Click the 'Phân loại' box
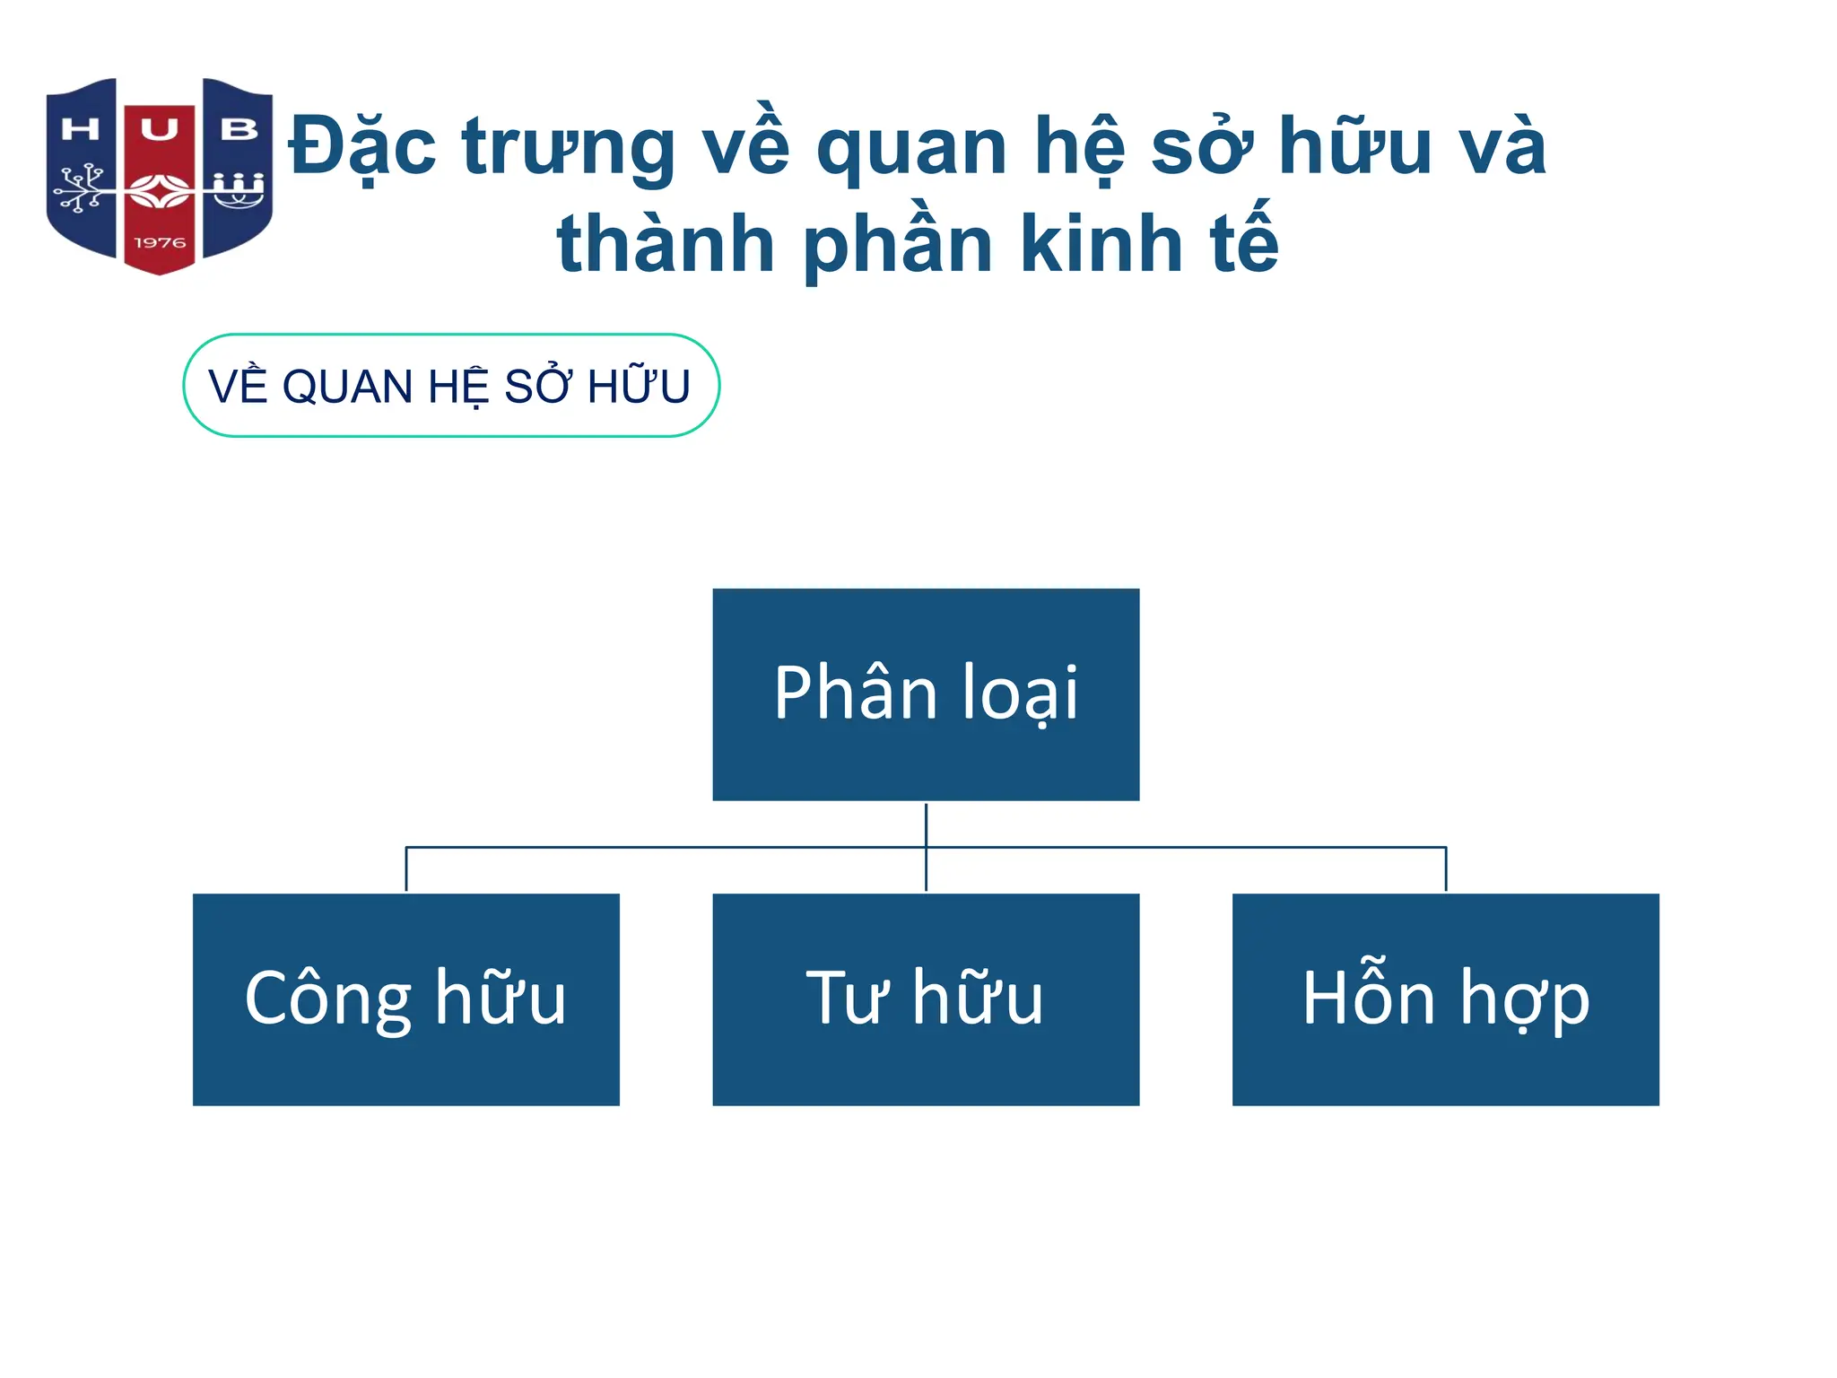coord(926,693)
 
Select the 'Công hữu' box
coord(405,999)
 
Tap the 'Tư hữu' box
coord(926,999)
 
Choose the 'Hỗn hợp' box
coord(1445,999)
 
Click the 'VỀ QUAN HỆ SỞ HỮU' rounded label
coord(451,386)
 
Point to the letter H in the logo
coord(80,130)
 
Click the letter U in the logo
coord(159,130)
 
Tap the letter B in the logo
coord(239,130)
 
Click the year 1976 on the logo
coord(160,243)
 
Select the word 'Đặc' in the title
coord(362,146)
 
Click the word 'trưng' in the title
coord(569,148)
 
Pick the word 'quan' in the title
coord(912,148)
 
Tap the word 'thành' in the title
coord(666,243)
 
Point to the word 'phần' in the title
coord(897,245)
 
